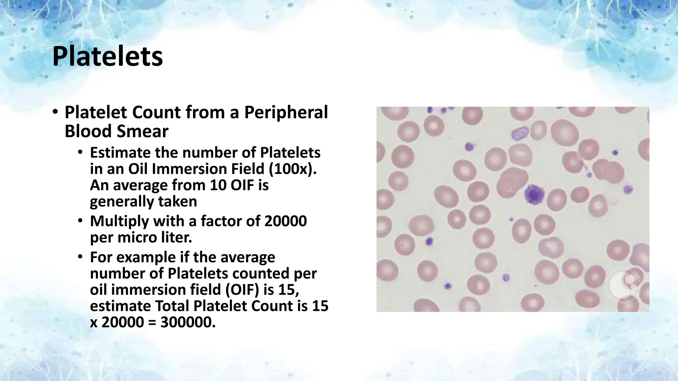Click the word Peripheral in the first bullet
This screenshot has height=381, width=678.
click(x=286, y=112)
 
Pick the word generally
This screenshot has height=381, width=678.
click(x=121, y=201)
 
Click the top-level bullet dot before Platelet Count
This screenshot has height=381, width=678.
click(x=55, y=112)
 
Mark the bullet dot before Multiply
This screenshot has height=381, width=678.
click(x=80, y=221)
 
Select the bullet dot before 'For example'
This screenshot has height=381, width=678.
click(x=80, y=257)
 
